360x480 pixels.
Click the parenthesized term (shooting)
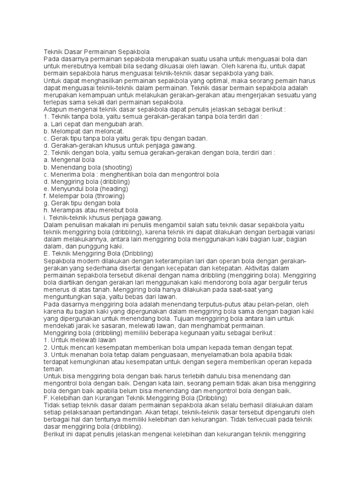(x=117, y=167)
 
